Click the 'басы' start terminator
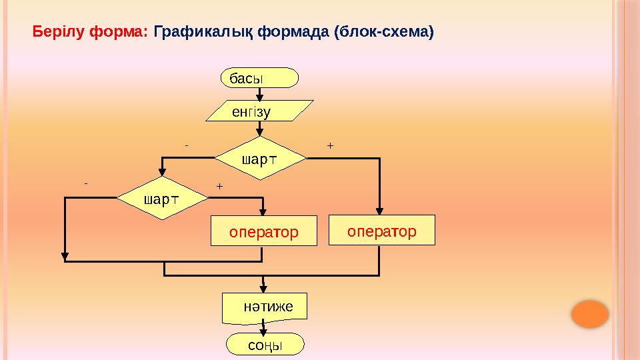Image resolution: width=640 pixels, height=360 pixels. click(259, 77)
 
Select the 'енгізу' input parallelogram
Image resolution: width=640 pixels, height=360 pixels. click(259, 111)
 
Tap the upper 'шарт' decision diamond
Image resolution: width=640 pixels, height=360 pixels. click(260, 159)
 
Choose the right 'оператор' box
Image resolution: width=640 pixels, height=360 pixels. click(381, 230)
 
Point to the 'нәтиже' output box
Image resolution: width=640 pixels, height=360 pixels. click(265, 307)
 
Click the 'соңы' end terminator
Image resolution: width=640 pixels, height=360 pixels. click(265, 345)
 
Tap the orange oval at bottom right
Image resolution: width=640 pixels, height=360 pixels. click(590, 314)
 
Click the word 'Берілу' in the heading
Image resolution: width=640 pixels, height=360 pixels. click(56, 31)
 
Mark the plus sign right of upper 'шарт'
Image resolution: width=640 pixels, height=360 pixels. click(330, 144)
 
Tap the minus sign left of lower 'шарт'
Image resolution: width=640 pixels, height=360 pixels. click(86, 181)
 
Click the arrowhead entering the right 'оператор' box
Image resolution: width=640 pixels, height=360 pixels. click(379, 211)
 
